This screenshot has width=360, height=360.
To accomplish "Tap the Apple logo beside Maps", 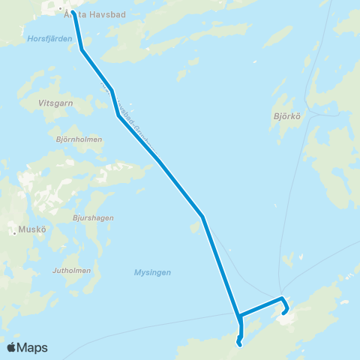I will (11, 347).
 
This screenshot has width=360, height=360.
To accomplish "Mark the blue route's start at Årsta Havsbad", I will (73, 10).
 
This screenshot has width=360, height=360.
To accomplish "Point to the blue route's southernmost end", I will (238, 345).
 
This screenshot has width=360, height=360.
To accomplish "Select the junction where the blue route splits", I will (238, 315).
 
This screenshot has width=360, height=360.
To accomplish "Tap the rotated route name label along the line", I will (132, 120).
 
